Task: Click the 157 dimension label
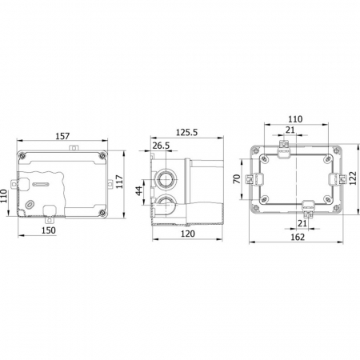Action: (x=62, y=136)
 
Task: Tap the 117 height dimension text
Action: (x=120, y=182)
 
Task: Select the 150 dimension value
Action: (x=49, y=230)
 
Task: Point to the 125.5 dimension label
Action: (x=186, y=132)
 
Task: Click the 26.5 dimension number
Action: (x=161, y=146)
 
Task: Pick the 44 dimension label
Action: (x=139, y=191)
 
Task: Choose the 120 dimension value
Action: (x=188, y=234)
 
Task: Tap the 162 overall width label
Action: (x=298, y=237)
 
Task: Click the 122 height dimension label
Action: (x=352, y=178)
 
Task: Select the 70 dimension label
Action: (x=237, y=178)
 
